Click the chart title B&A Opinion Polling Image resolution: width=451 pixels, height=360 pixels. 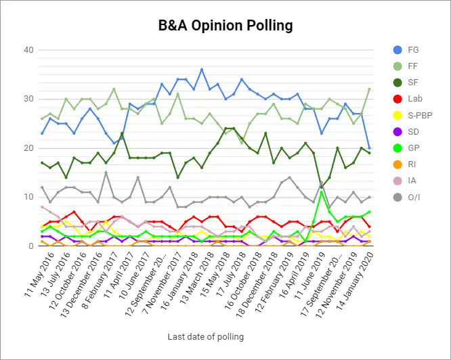pyautogui.click(x=225, y=26)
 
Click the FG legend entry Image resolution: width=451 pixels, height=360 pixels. pyautogui.click(x=413, y=49)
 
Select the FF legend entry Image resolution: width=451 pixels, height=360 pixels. pyautogui.click(x=413, y=67)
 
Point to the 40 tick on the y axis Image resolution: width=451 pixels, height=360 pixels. pyautogui.click(x=29, y=50)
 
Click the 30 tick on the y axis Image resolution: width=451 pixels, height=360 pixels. pyautogui.click(x=29, y=99)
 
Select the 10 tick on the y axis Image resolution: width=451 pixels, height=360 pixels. pyautogui.click(x=29, y=197)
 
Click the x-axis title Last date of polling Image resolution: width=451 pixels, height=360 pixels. pyautogui.click(x=206, y=336)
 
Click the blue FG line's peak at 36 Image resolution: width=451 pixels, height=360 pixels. pyautogui.click(x=202, y=70)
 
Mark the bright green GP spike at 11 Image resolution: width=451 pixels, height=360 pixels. pyautogui.click(x=322, y=192)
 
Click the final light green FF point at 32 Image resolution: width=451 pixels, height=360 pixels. pyautogui.click(x=369, y=89)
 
